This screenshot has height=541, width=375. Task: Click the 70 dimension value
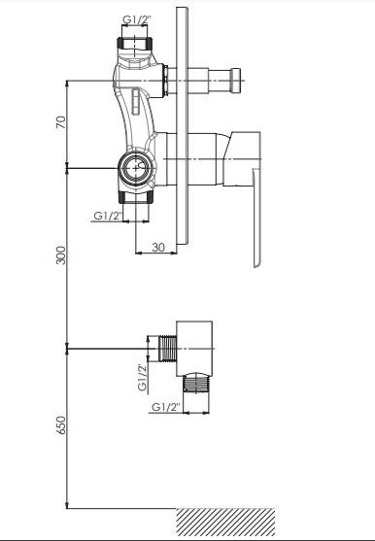[x=60, y=122]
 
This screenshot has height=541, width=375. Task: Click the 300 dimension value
[x=60, y=255]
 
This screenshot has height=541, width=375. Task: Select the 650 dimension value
[x=60, y=424]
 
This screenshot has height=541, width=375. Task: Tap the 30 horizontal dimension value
[x=158, y=247]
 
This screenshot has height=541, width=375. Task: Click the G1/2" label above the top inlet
[x=137, y=20]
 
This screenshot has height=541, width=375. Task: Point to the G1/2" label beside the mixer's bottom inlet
[x=108, y=216]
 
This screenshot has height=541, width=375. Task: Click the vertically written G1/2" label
[x=143, y=377]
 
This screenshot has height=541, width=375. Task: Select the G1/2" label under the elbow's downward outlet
[x=166, y=407]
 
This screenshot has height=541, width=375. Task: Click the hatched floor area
[x=225, y=522]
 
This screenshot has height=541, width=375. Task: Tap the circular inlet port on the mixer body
[x=135, y=168]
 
